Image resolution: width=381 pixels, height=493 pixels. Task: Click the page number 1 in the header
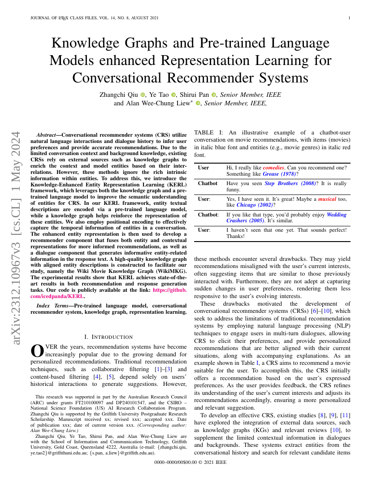349,18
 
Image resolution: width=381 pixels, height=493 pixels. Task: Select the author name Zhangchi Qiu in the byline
119,95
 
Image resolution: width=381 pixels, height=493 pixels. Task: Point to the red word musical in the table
327,199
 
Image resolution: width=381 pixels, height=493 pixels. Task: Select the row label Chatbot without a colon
208,183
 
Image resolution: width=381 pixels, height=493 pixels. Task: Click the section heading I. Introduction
108,337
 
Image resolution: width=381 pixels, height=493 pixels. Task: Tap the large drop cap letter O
37,350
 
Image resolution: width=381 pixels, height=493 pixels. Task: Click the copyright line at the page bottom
190,462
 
